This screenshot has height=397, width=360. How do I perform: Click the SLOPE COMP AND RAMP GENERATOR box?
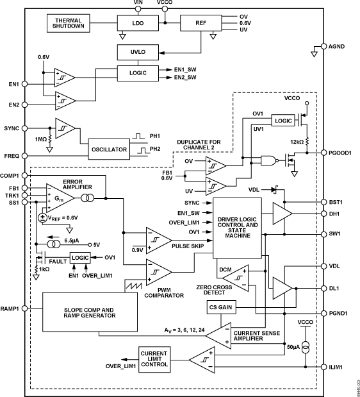click(x=90, y=311)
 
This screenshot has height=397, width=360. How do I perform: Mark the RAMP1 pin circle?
click(x=24, y=308)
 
